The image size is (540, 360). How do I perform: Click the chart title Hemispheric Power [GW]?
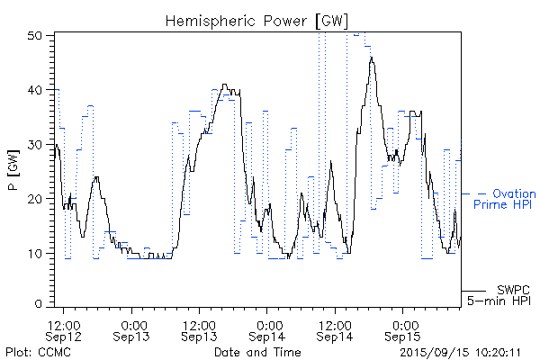click(256, 20)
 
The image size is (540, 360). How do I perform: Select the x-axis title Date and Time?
click(256, 352)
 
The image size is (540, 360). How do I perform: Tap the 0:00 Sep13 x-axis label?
click(133, 329)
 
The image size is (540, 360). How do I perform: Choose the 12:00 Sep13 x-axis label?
click(200, 329)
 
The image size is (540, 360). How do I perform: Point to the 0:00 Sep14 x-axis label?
click(267, 329)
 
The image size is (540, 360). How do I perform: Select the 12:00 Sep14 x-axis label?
click(335, 329)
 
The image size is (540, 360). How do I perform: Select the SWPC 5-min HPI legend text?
click(502, 295)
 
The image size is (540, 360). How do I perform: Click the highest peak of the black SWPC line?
click(371, 58)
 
